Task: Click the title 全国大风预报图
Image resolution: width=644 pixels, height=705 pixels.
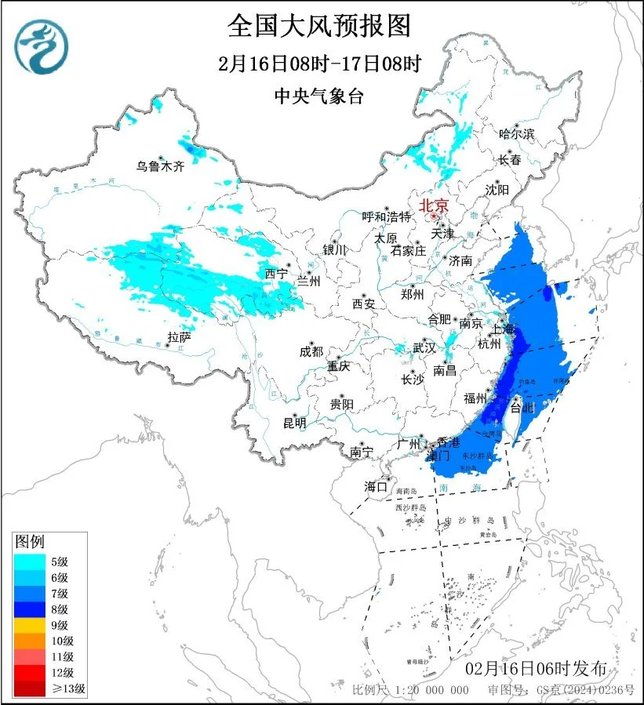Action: point(319,26)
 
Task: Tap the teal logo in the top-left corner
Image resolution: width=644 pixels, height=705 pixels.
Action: point(42,45)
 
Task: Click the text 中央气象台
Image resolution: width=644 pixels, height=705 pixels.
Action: point(319,96)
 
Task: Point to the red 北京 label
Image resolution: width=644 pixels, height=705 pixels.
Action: point(434,205)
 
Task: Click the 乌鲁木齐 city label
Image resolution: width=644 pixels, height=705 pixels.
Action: point(159,166)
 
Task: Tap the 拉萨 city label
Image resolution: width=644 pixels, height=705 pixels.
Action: point(179,338)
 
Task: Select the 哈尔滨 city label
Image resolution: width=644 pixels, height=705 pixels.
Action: point(516,134)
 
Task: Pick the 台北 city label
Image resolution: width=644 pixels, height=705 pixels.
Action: point(522,408)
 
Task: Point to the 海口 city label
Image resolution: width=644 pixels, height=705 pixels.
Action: point(376,487)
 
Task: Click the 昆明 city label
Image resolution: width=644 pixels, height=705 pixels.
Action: point(295,423)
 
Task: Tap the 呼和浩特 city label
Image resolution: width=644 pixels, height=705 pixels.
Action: point(386,216)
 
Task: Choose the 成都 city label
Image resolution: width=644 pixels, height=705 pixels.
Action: point(311,352)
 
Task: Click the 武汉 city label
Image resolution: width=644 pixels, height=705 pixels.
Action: point(424,347)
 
